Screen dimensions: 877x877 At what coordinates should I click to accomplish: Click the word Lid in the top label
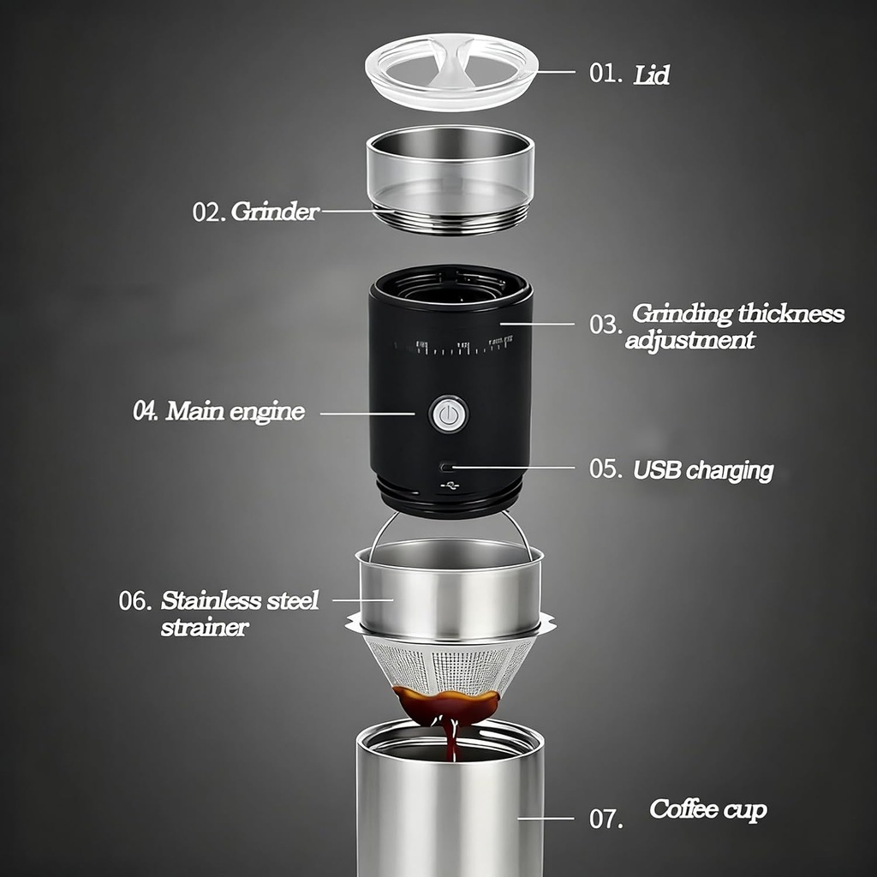tap(652, 75)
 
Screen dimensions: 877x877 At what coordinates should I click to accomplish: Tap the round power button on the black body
tap(448, 415)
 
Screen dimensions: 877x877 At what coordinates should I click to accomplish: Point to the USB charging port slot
tap(447, 468)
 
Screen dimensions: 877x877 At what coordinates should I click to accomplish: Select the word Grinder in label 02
tap(275, 212)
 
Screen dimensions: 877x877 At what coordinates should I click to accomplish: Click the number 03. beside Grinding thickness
tap(606, 325)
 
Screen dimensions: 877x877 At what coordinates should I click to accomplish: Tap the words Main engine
tap(235, 411)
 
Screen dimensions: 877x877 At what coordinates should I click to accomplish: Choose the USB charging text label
tap(703, 470)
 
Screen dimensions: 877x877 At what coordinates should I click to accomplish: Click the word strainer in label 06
tap(205, 627)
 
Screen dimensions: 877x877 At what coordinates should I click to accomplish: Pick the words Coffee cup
tap(707, 809)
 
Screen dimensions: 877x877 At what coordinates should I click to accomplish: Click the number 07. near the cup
tap(606, 820)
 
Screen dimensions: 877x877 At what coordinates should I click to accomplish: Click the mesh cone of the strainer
tap(450, 664)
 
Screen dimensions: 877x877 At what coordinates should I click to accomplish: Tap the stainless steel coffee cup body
tap(450, 814)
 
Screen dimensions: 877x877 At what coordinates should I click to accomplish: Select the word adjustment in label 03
tap(690, 340)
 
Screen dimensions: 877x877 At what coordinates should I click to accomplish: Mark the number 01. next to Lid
tap(606, 73)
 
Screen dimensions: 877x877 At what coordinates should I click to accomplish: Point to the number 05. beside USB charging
tap(606, 469)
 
